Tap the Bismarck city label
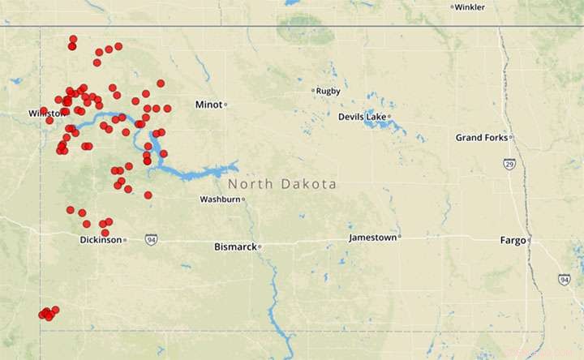pos(234,246)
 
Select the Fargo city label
pos(512,240)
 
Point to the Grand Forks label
pos(480,138)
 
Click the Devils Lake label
pos(362,117)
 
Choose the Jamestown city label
pos(372,238)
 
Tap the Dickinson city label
pos(101,240)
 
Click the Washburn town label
pos(220,199)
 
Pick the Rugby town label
pos(328,91)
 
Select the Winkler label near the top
pos(471,7)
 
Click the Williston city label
pos(46,113)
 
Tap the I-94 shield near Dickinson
pos(152,240)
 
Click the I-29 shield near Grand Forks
pos(509,165)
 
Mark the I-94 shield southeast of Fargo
pos(564,279)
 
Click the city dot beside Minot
pos(226,105)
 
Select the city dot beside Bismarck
pos(260,246)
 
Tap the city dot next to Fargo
pos(529,240)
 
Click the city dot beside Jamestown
pos(400,238)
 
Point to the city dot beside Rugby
pos(313,91)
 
